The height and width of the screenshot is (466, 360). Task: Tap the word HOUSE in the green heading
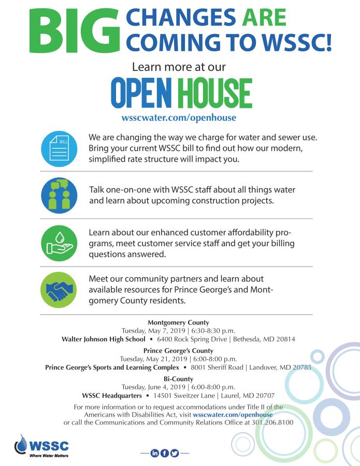[x=215, y=93]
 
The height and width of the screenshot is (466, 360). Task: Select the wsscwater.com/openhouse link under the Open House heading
[x=179, y=118]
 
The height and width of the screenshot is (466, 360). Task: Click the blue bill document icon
[x=59, y=149]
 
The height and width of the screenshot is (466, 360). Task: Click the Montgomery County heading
[x=178, y=322]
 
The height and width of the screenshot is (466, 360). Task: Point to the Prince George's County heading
[x=178, y=351]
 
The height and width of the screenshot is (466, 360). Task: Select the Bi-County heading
[x=178, y=379]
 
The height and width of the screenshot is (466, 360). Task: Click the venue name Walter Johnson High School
[x=104, y=340]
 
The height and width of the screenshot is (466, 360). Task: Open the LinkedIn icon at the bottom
[x=154, y=453]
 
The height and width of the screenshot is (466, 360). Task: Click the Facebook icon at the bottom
[x=164, y=453]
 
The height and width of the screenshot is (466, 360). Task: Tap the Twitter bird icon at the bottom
[x=174, y=453]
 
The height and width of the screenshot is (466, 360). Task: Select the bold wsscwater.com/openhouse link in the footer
[x=233, y=415]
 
